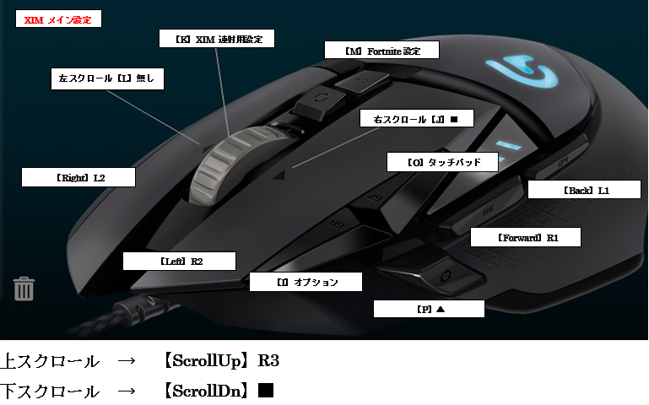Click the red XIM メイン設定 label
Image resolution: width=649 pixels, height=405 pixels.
tap(58, 19)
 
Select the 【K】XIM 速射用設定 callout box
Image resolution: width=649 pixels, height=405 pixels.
tap(217, 38)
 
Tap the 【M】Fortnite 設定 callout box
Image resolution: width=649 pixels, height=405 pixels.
tap(382, 51)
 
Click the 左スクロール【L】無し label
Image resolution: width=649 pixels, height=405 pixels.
tap(106, 78)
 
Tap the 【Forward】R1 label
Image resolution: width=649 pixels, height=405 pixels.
tap(526, 238)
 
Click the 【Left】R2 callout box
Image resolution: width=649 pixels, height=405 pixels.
tap(179, 261)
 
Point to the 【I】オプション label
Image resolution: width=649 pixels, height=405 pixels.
tap(306, 282)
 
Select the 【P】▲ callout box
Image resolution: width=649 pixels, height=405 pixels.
tap(429, 309)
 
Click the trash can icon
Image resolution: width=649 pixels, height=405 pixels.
tap(24, 289)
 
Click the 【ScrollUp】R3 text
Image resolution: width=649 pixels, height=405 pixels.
tap(222, 361)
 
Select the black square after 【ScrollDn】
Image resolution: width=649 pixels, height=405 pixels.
tap(266, 391)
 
